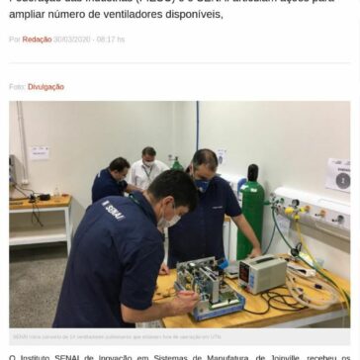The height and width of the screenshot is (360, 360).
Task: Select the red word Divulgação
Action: point(45,86)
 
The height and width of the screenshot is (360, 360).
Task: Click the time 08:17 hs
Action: point(113,39)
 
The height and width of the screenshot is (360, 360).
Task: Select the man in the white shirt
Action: point(148,178)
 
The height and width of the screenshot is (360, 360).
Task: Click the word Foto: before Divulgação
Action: point(15,86)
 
